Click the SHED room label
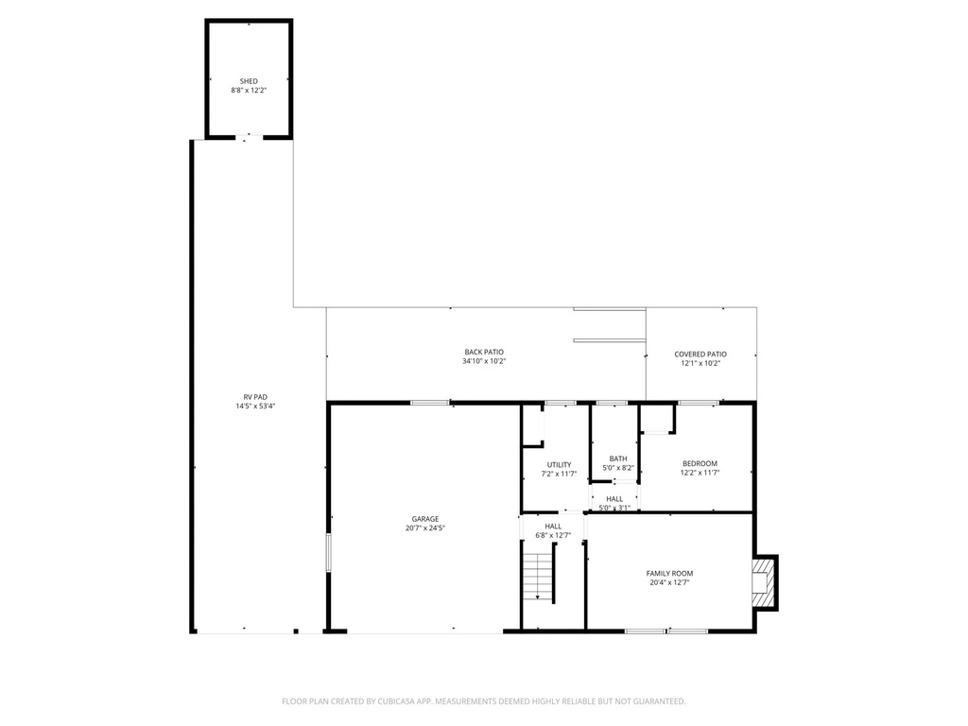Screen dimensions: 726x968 (x=249, y=81)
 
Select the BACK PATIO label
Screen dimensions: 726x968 (x=484, y=352)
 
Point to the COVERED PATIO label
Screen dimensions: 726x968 (x=700, y=354)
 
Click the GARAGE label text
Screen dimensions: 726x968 (x=424, y=519)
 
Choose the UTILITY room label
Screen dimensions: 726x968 (x=559, y=464)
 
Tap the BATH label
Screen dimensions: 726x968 (x=617, y=458)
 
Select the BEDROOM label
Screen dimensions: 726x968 (x=700, y=463)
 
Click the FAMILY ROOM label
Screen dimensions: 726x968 (x=669, y=573)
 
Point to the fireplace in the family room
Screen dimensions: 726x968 (x=762, y=581)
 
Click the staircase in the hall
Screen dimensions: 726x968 (x=538, y=576)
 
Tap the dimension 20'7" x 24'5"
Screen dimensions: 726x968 (x=424, y=528)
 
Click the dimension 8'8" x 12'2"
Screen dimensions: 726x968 (x=249, y=91)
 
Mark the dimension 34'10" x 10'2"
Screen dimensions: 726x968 (x=484, y=361)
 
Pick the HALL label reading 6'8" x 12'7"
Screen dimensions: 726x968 (x=553, y=526)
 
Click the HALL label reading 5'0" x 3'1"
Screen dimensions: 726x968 (x=614, y=498)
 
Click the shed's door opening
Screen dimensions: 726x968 (x=249, y=138)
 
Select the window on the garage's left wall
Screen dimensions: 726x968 (x=328, y=552)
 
